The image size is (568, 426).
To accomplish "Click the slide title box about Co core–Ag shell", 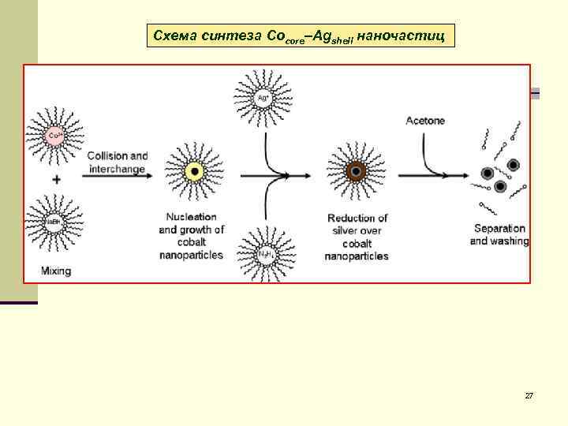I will point(301,35).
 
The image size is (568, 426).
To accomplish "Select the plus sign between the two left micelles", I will point(57,179).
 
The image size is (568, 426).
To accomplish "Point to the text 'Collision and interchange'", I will point(118,162).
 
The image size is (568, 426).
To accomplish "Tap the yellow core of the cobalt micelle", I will point(192,171).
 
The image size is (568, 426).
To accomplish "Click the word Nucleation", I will point(191,217).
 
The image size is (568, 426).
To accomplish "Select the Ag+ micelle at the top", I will point(264,98).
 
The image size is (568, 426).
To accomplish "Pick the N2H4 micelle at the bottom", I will point(265,255).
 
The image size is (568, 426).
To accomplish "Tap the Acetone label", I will point(425,121).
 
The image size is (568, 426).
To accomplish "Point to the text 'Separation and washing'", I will point(499,234).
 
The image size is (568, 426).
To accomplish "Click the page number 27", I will point(529,394).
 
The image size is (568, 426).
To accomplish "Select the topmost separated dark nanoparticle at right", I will point(513,165).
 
